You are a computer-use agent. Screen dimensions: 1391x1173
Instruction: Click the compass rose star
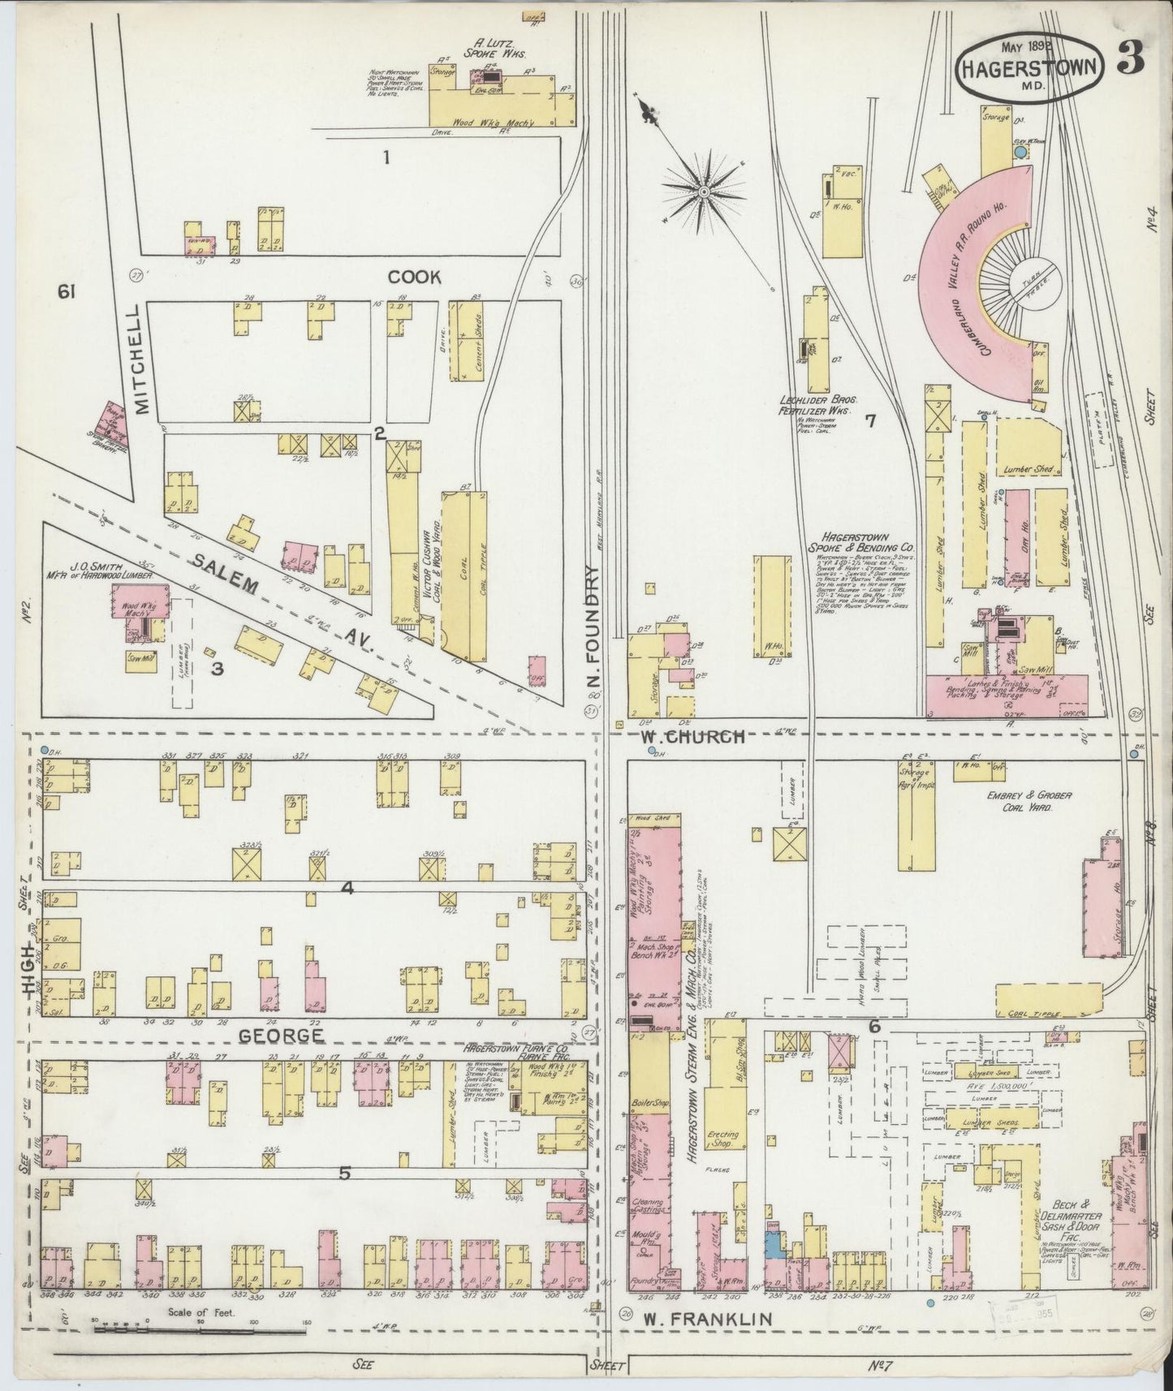[703, 191]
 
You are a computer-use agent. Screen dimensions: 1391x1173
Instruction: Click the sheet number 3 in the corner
[1129, 62]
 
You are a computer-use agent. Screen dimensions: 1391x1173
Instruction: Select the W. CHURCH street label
[692, 737]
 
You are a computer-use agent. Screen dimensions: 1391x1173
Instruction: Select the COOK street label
[414, 278]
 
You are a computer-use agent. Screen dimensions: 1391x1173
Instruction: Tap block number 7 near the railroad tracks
[870, 420]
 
